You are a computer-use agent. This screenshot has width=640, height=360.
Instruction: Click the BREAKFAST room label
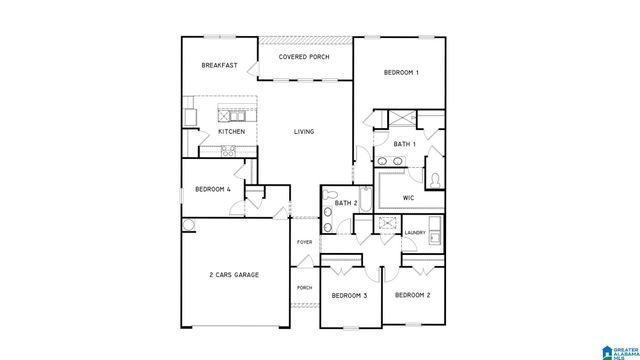(219, 66)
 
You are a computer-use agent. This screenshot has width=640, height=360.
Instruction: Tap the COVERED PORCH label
(305, 57)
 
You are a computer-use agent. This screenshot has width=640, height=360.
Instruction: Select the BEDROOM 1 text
(400, 72)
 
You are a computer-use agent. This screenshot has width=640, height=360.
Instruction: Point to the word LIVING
(304, 132)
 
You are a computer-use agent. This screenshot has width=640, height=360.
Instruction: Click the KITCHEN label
(232, 132)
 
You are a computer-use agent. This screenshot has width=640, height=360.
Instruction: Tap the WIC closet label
(408, 197)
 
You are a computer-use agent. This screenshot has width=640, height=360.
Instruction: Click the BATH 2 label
(346, 203)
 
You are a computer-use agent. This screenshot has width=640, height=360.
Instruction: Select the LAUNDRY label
(415, 233)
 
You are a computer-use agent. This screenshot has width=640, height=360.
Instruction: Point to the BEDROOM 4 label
(212, 189)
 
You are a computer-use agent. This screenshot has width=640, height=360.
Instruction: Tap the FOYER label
(304, 242)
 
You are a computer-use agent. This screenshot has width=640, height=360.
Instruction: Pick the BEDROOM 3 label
(349, 296)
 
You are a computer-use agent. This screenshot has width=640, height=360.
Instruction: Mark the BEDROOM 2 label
(412, 295)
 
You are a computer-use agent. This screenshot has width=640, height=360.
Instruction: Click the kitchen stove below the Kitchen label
(227, 152)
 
